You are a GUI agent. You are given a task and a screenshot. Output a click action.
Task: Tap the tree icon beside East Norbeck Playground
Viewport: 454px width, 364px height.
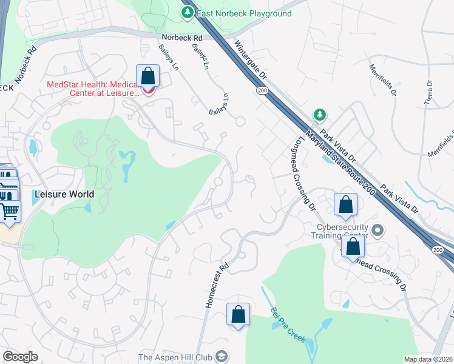(188, 12)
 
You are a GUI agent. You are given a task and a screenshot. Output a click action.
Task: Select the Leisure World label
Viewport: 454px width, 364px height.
(64, 194)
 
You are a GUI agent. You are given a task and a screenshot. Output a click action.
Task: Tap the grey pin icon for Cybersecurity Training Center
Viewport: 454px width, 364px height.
(378, 230)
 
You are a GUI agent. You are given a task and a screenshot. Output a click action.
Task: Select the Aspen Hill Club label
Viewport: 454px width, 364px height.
(175, 357)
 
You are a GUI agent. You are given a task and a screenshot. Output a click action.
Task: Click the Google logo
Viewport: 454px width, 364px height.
(21, 357)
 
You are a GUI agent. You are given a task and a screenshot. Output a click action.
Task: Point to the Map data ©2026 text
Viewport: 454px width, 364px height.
(428, 359)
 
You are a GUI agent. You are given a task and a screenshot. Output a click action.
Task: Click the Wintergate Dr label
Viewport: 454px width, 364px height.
(251, 62)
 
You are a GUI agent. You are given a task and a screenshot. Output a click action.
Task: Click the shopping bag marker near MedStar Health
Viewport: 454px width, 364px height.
(147, 77)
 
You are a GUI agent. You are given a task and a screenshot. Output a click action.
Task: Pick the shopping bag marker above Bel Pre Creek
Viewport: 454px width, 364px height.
(238, 314)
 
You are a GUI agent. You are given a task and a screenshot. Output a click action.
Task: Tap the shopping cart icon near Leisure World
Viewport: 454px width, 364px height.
(10, 211)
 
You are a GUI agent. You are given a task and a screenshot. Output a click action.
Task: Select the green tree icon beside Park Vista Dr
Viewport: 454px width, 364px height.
(319, 115)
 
